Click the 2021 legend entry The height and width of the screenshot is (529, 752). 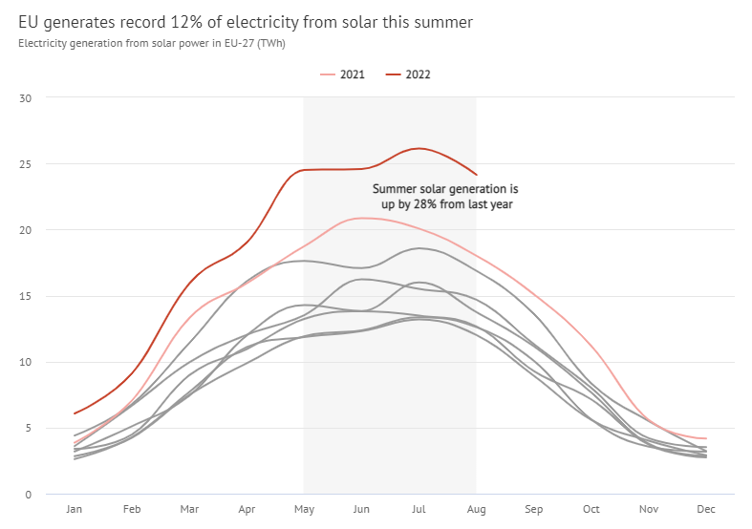343,74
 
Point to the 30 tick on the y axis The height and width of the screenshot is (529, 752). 26,98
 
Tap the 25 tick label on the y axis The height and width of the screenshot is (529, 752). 26,164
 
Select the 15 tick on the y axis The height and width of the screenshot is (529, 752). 26,296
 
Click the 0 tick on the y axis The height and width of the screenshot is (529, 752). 29,495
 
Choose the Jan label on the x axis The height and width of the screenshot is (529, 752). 75,510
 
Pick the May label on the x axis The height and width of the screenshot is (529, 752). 304,510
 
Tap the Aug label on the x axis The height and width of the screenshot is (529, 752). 476,510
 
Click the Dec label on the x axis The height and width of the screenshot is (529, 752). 705,510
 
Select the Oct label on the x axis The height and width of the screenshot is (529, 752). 591,510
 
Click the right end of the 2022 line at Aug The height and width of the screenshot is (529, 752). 476,175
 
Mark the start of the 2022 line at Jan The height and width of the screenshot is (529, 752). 75,413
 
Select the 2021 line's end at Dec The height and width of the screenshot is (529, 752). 705,438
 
